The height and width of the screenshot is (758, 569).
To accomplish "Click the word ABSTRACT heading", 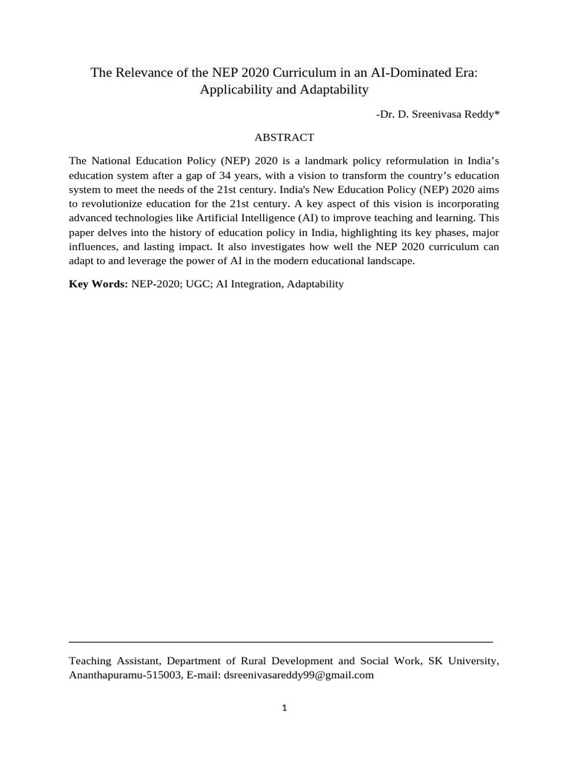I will click(284, 138).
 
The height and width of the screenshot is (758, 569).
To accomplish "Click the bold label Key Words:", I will click(98, 284).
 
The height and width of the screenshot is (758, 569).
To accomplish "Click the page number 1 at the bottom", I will click(284, 708).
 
